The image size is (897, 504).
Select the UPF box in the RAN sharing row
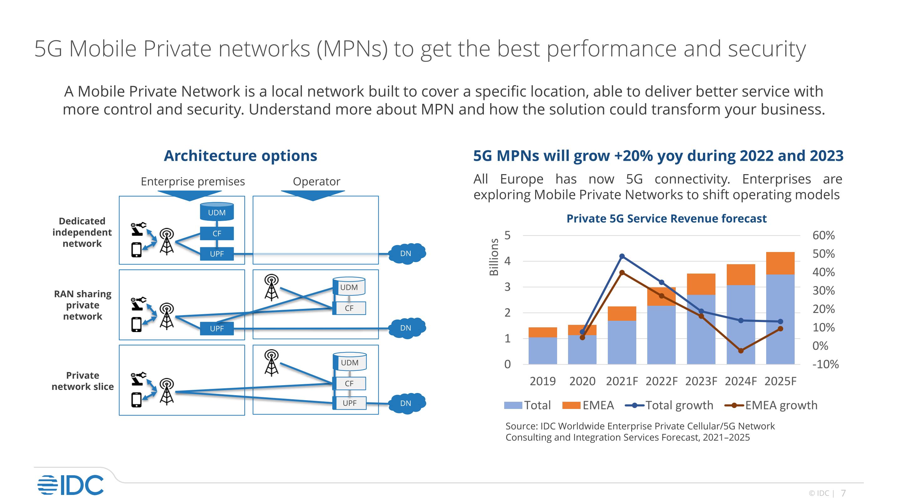point(217,328)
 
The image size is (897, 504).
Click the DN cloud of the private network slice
point(406,403)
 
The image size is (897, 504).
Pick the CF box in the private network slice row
point(349,383)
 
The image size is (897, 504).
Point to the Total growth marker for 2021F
point(622,256)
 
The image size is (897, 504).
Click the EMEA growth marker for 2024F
point(741,350)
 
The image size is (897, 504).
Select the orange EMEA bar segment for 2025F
point(780,263)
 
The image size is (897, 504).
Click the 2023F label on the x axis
point(701,381)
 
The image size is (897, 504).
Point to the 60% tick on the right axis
point(823,235)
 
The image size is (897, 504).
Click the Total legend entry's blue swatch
point(513,405)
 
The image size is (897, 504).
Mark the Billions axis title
point(494,257)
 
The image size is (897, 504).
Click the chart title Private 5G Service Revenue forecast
point(666,219)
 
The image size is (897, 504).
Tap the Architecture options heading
point(240,155)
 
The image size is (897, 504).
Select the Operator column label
point(316,181)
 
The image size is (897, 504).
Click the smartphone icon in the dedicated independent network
point(136,250)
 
